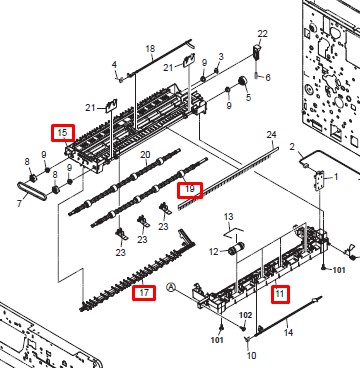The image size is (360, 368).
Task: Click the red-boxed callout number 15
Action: click(x=62, y=133)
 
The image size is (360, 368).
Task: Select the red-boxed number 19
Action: click(x=190, y=189)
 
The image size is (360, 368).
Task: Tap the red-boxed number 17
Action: click(x=144, y=293)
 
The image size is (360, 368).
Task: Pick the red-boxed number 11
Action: click(x=280, y=294)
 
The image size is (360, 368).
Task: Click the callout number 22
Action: click(x=263, y=34)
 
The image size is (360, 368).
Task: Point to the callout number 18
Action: click(x=150, y=49)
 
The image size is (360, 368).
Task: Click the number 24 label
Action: click(x=272, y=135)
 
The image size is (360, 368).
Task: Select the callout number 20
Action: click(x=145, y=155)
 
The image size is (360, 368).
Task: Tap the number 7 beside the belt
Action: click(x=20, y=203)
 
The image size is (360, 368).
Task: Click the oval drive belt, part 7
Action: click(x=32, y=191)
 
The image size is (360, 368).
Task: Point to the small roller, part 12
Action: click(x=236, y=249)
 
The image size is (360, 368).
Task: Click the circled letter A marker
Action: click(x=171, y=287)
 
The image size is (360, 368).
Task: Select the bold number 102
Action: click(x=246, y=315)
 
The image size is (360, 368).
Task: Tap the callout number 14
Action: click(x=288, y=332)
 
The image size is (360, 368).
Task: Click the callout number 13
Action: click(x=229, y=217)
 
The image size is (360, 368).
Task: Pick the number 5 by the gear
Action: click(x=248, y=98)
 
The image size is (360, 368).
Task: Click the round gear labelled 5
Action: click(x=243, y=81)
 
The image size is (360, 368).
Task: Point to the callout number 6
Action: click(x=268, y=78)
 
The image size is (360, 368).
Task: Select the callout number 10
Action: click(x=251, y=355)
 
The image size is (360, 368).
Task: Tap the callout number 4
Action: click(x=114, y=64)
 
